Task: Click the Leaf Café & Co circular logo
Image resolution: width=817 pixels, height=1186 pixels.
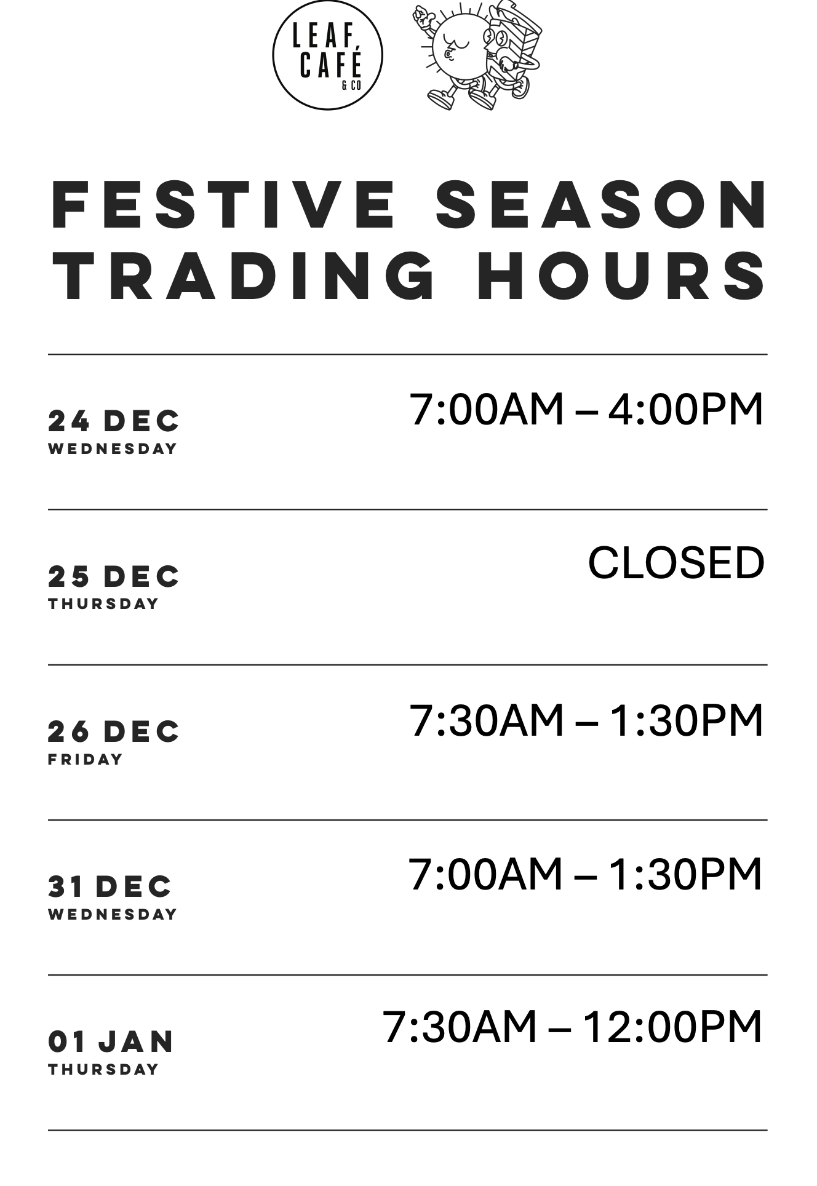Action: [x=327, y=55]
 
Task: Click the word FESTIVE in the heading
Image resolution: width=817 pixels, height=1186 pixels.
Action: [x=223, y=204]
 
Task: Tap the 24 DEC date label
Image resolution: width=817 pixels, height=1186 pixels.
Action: [x=114, y=421]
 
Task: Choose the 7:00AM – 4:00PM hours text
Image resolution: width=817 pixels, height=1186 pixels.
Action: [x=586, y=409]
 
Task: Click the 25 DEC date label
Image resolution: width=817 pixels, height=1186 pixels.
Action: [x=114, y=577]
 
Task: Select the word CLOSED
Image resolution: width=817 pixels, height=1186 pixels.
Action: [x=676, y=563]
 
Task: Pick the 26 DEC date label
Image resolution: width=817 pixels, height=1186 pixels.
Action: [x=114, y=732]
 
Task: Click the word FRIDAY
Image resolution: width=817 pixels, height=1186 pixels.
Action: [x=86, y=760]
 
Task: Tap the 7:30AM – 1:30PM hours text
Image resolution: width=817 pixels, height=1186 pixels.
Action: [x=586, y=720]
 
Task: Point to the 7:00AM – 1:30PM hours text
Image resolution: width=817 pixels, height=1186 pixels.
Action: [x=586, y=875]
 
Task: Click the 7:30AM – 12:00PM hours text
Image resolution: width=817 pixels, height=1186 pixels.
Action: [x=573, y=1027]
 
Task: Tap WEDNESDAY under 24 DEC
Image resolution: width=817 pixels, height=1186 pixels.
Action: [x=113, y=449]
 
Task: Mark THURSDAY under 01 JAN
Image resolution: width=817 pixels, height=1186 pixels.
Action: [x=103, y=1070]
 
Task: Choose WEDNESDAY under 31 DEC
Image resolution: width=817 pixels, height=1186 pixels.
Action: [x=113, y=915]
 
